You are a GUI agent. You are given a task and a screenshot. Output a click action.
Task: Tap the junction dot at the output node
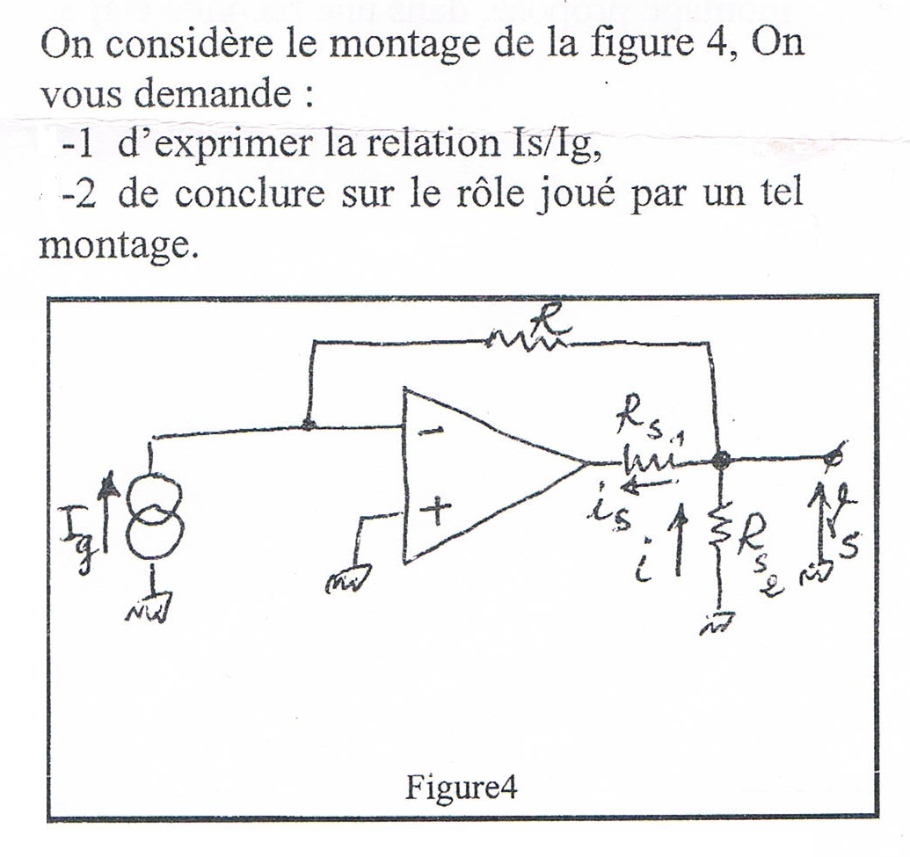721,459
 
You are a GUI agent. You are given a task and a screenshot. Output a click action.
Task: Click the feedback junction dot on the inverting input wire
308,426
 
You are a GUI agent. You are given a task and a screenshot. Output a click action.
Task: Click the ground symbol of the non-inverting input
346,578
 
